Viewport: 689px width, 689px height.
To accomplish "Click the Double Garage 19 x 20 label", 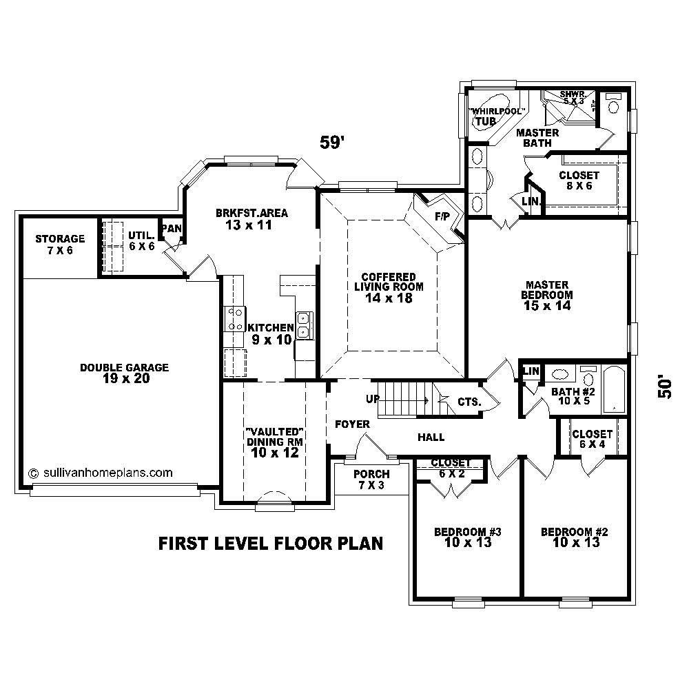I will [x=124, y=373].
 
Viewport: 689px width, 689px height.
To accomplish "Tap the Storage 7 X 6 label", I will [x=60, y=245].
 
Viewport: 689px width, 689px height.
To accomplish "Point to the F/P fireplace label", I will [x=442, y=216].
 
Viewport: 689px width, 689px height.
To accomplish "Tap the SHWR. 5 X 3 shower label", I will [x=571, y=97].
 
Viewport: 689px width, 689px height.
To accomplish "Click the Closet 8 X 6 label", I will [x=579, y=181].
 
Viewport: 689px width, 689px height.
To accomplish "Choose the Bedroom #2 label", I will [x=574, y=537].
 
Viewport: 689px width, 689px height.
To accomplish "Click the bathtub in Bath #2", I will [x=613, y=390].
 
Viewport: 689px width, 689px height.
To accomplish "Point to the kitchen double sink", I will [x=303, y=324].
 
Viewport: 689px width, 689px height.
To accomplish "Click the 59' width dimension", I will [x=332, y=143].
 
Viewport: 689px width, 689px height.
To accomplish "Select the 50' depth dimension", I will [x=664, y=387].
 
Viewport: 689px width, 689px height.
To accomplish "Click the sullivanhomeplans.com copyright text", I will [x=100, y=473].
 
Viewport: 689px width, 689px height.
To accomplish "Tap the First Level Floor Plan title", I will [x=271, y=544].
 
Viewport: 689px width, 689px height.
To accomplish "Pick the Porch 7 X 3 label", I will [x=371, y=480].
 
